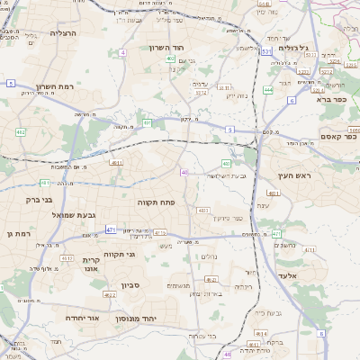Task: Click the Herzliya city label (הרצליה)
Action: (x=64, y=32)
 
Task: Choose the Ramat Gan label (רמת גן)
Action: (x=18, y=234)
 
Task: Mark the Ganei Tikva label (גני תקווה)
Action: (x=119, y=255)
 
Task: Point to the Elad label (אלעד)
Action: (x=287, y=274)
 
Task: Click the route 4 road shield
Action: (x=122, y=52)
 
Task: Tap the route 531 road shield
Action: (x=266, y=52)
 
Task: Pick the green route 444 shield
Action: (x=268, y=90)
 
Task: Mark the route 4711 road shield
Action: (x=310, y=249)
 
